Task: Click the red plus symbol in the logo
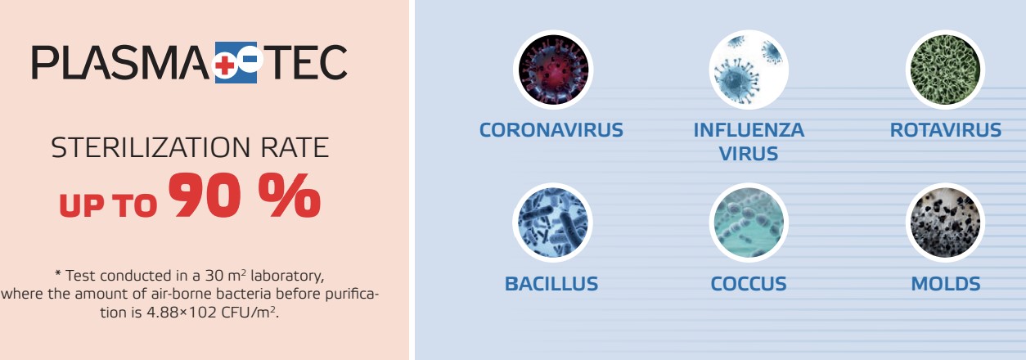point(224,65)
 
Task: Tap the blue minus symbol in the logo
point(250,59)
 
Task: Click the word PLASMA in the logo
point(120,62)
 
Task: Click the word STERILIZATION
point(151,147)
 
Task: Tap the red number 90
point(205,195)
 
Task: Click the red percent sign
point(290,195)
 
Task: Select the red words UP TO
point(108,205)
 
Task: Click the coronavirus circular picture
point(553,70)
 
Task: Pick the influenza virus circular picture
point(749,70)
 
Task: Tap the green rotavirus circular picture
point(945,70)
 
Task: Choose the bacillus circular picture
point(552,223)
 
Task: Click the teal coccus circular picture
point(749,223)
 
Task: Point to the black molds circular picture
point(945,223)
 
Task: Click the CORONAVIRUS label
point(551,130)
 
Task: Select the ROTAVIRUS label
point(946,130)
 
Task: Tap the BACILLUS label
point(551,284)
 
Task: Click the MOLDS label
point(946,284)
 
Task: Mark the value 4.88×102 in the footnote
point(182,313)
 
